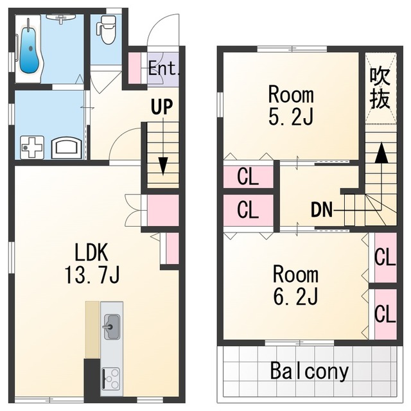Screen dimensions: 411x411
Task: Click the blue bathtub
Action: click(x=30, y=50)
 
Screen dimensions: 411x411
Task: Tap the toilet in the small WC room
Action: click(x=107, y=30)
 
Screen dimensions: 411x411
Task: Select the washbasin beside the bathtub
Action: click(x=61, y=19)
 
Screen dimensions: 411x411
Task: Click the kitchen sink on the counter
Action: click(x=112, y=327)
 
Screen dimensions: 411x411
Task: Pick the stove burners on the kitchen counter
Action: click(x=112, y=379)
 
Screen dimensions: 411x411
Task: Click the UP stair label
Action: click(x=162, y=107)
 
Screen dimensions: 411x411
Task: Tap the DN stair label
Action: click(x=322, y=209)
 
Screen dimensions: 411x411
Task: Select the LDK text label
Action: click(x=91, y=252)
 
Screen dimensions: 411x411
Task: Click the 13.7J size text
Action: click(x=92, y=274)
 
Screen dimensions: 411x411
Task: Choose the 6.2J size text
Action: click(x=295, y=297)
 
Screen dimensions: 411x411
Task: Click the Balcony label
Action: click(x=310, y=371)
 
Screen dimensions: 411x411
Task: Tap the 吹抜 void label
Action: click(x=380, y=88)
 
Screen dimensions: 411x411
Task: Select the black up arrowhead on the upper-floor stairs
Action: click(x=381, y=153)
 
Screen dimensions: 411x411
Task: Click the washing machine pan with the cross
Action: click(x=32, y=147)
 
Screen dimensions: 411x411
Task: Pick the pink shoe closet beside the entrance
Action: click(x=135, y=68)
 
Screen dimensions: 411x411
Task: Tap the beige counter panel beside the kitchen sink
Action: click(x=92, y=329)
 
